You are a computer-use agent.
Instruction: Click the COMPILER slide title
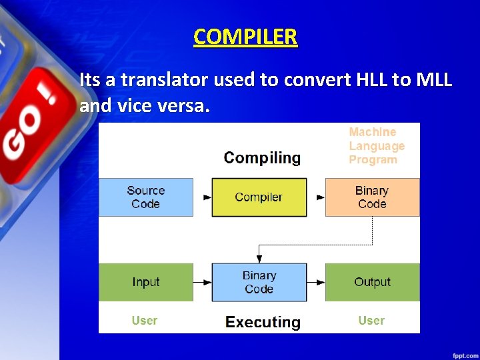245,37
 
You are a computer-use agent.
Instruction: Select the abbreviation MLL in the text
434,81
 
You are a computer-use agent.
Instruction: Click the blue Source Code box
146,197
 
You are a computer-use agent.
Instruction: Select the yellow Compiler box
259,197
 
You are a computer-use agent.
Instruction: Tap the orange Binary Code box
372,197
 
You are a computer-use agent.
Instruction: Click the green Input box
146,282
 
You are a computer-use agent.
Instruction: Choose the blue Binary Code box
259,282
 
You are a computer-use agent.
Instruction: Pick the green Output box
372,282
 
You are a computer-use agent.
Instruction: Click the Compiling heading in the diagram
262,158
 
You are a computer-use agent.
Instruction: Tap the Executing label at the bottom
263,323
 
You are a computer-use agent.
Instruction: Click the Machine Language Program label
377,146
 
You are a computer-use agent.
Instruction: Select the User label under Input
145,321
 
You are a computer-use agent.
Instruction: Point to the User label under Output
371,321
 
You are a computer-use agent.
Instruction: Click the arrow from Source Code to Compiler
203,197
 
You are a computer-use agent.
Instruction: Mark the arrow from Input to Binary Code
203,283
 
